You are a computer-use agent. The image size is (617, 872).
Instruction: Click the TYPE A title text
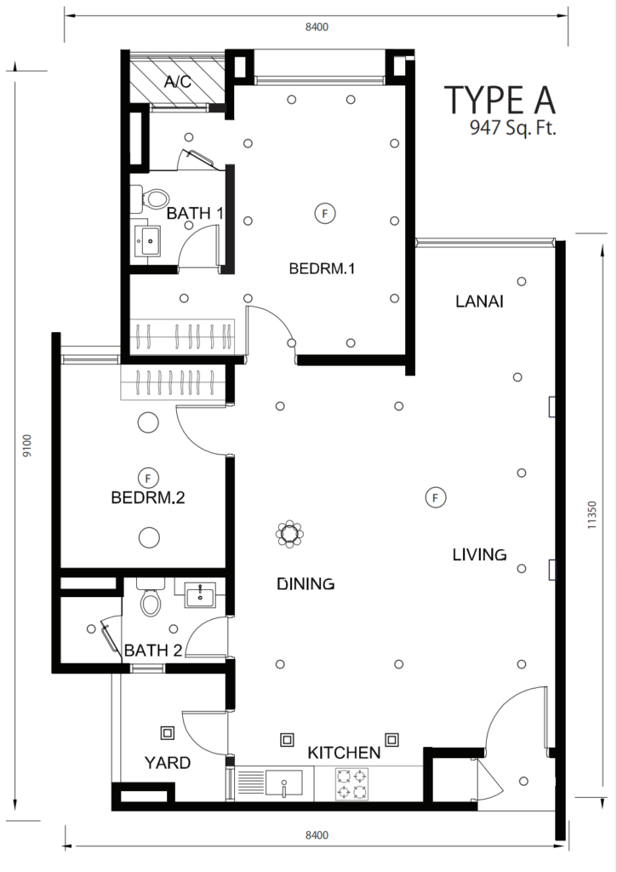coord(500,100)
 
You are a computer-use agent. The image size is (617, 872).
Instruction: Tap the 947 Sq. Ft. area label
coord(512,129)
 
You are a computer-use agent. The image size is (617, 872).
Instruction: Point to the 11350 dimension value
coord(591,514)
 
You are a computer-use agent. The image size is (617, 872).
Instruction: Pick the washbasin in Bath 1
coord(148,241)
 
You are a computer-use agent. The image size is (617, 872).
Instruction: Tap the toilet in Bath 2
coord(150,598)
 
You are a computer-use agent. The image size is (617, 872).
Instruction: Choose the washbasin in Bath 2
coord(200,594)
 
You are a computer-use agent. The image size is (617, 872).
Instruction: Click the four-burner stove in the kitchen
coord(351,783)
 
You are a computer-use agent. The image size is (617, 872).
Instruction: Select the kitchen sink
coord(284,783)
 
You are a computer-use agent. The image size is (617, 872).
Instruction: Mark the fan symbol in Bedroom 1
coord(325,213)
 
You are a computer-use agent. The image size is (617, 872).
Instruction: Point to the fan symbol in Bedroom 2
coord(148,478)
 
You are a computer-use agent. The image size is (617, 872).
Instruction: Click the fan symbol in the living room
coord(435,497)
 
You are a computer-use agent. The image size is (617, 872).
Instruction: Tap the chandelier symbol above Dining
coord(289,535)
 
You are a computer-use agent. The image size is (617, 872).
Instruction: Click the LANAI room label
coord(479,301)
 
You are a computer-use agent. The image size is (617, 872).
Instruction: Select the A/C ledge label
coord(178,82)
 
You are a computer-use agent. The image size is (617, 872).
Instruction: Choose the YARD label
coord(168,762)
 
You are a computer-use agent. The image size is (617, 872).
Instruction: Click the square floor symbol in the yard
coord(168,733)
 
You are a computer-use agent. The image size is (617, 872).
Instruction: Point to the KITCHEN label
coord(344,753)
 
